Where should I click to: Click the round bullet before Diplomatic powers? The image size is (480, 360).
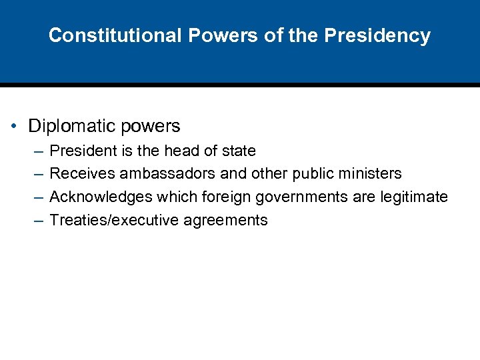click(x=15, y=126)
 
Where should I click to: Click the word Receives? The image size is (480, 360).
click(x=82, y=174)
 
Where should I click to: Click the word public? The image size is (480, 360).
click(x=312, y=174)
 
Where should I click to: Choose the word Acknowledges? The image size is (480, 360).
click(x=101, y=197)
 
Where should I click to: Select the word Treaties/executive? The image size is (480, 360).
click(x=112, y=221)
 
